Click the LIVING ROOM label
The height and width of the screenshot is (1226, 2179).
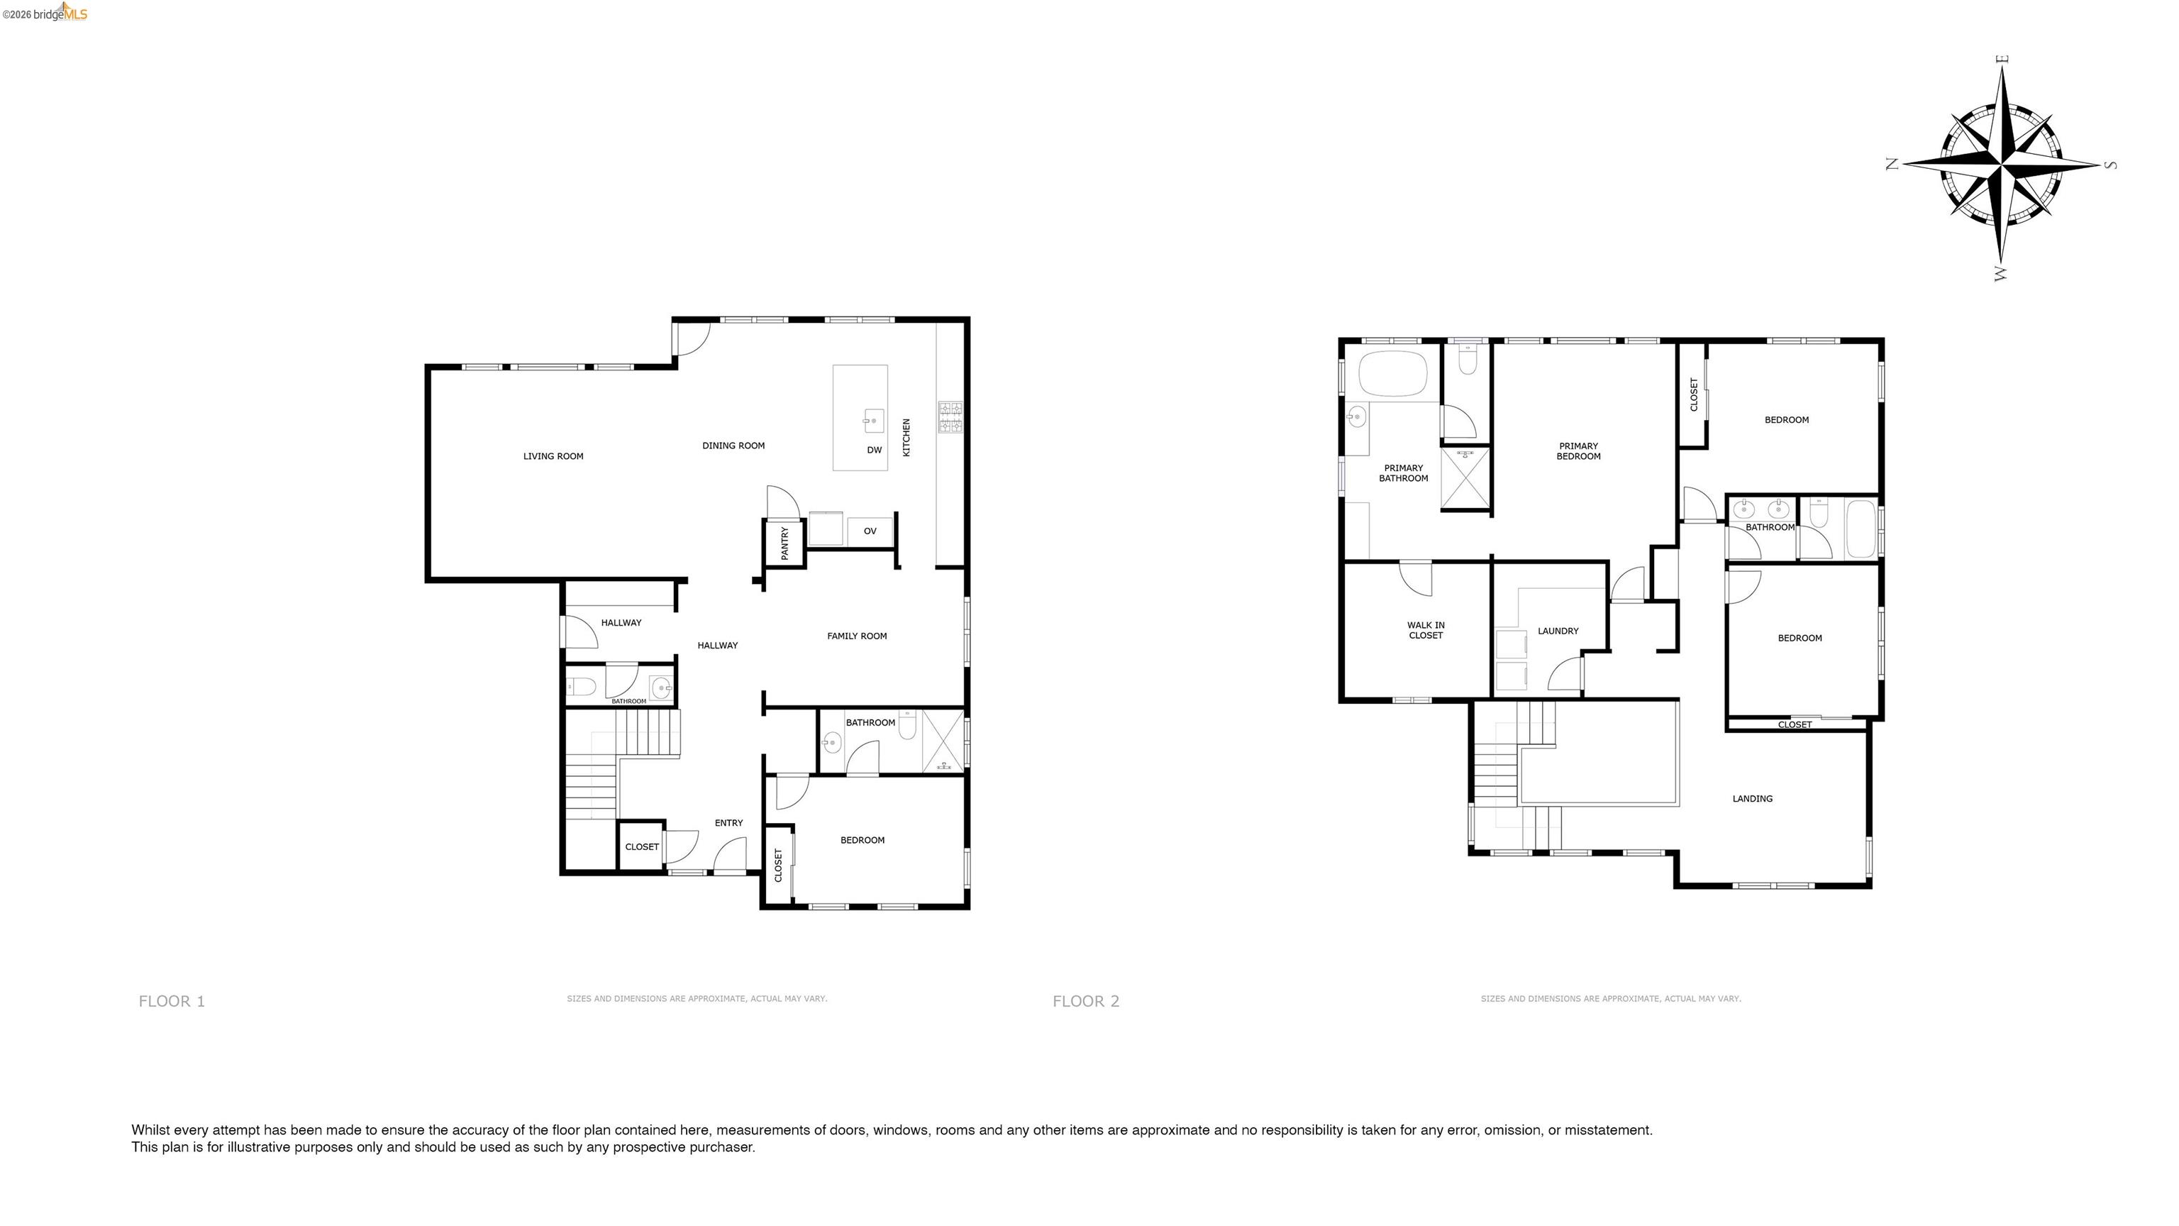(x=553, y=457)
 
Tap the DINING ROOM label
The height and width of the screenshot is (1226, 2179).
(x=733, y=446)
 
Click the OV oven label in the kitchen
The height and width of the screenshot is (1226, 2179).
(x=870, y=531)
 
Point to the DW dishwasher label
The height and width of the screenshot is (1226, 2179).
(x=875, y=450)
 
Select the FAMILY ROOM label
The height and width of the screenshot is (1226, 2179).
(x=857, y=636)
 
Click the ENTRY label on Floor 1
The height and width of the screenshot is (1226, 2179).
(x=728, y=823)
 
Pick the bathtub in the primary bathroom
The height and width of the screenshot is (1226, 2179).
(x=1392, y=373)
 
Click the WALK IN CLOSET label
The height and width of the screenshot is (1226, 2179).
(x=1425, y=630)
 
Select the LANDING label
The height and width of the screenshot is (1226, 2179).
(x=1752, y=799)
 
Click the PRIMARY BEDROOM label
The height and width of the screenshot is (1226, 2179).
(x=1578, y=452)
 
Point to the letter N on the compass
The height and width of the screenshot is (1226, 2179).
(x=1892, y=164)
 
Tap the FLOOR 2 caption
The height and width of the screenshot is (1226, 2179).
(x=1085, y=1002)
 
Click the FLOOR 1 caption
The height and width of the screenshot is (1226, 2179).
(x=172, y=1002)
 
